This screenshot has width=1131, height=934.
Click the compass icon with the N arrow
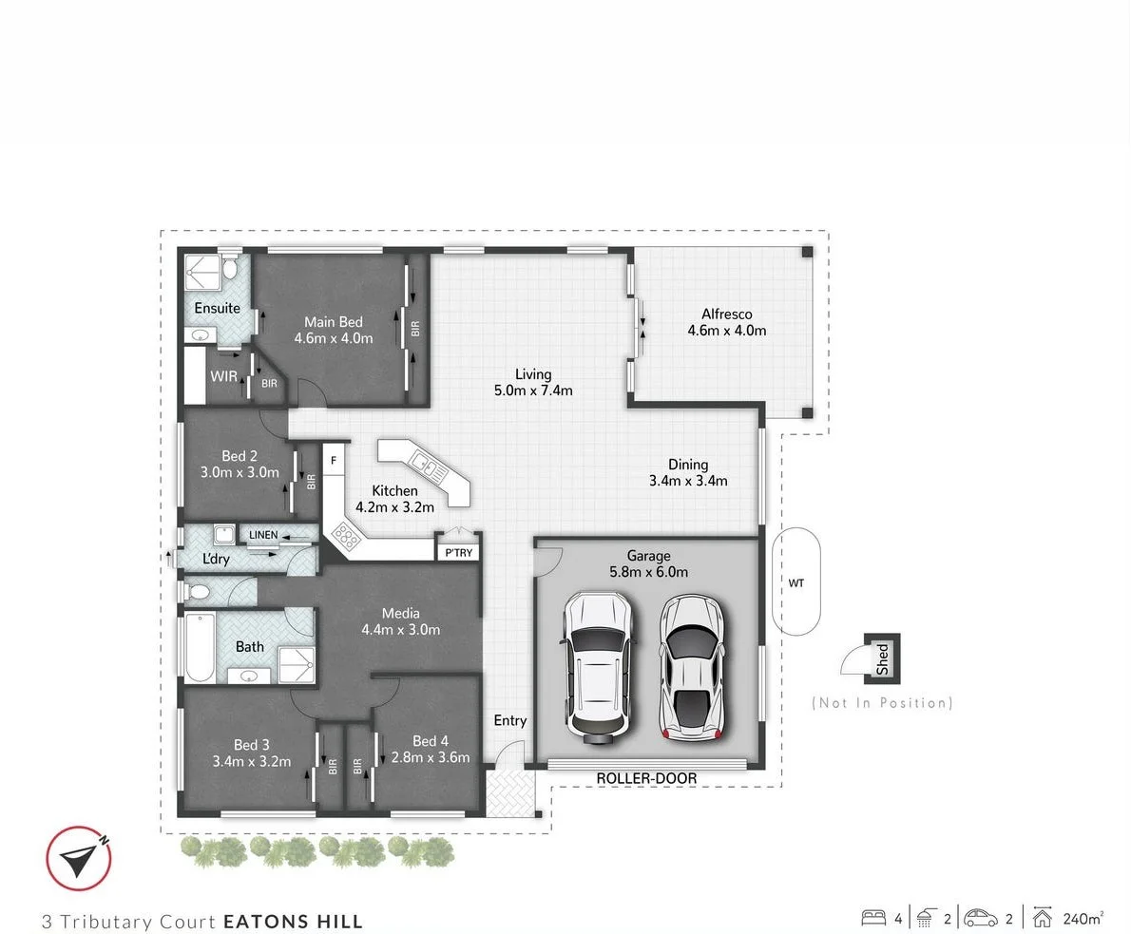coord(80,859)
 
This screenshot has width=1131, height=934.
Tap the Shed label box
coord(882,657)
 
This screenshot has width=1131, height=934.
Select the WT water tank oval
coord(796,581)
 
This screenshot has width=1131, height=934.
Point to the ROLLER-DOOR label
coord(646,779)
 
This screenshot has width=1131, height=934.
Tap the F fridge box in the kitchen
coord(334,461)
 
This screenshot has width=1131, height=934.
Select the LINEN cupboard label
coord(263,535)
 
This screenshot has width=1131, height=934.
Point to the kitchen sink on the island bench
coord(424,467)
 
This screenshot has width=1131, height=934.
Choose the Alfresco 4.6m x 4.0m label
coord(727,322)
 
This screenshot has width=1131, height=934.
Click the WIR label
coord(224,376)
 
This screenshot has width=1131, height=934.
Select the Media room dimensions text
coord(400,629)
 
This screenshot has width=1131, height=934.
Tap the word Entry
coord(510,721)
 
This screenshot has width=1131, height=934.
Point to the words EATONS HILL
coord(293,921)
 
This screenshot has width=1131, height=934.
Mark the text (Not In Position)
coord(882,703)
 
